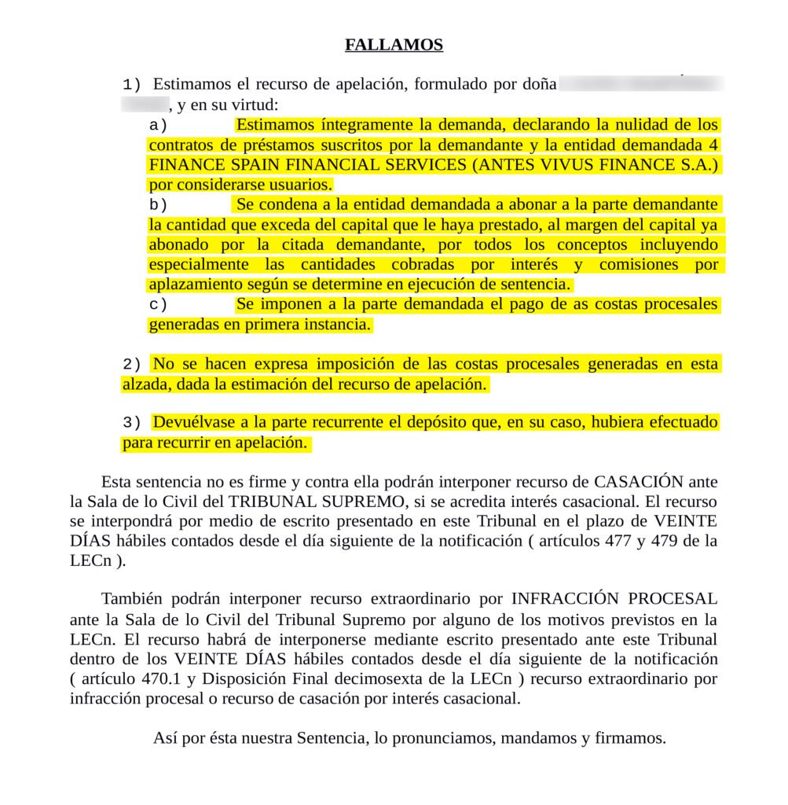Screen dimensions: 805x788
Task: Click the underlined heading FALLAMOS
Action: pos(394,45)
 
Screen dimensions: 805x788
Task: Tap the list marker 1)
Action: pos(132,84)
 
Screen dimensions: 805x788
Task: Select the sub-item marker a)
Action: pos(159,125)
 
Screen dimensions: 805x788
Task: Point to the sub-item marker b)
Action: pos(159,205)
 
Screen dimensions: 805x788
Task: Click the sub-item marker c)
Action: pos(159,305)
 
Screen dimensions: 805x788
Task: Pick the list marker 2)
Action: pos(132,365)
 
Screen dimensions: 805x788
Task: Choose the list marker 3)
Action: pos(132,423)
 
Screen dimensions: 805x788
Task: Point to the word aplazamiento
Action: pos(195,285)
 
